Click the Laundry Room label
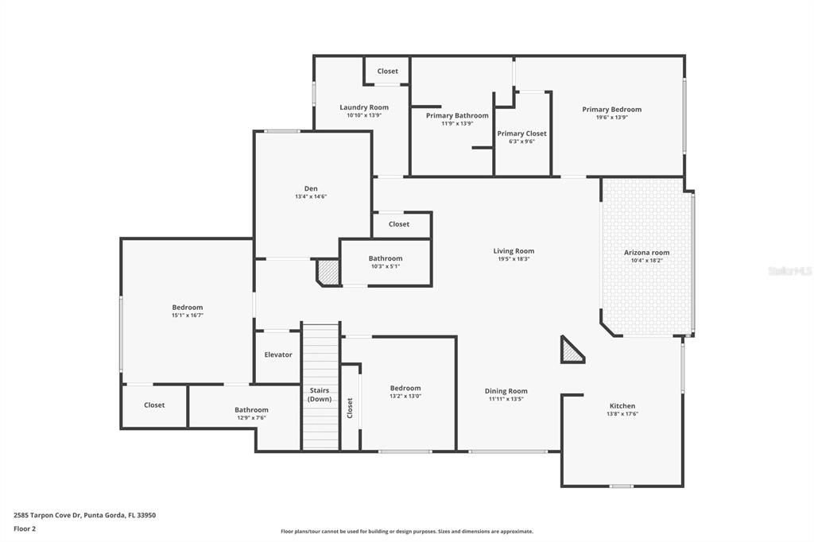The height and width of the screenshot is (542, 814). click(364, 107)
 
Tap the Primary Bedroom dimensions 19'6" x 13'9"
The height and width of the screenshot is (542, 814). click(611, 118)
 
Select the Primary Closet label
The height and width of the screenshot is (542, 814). click(521, 134)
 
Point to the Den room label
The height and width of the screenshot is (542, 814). click(311, 188)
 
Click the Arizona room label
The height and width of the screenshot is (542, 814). click(646, 253)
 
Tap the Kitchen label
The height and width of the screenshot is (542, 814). click(622, 406)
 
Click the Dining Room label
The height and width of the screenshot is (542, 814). click(506, 391)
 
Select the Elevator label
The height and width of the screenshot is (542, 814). click(278, 354)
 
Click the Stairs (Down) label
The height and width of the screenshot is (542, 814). click(320, 394)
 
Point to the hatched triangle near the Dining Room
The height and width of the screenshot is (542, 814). click(572, 350)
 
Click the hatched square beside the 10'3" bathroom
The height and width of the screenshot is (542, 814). click(328, 273)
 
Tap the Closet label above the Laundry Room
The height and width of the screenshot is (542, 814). click(388, 72)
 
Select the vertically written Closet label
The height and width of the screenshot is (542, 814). click(350, 408)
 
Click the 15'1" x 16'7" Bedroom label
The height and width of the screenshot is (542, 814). click(188, 308)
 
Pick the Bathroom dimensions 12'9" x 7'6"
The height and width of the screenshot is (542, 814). click(251, 418)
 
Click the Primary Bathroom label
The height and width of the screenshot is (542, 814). click(457, 116)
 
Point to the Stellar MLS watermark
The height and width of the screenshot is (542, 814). click(789, 271)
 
